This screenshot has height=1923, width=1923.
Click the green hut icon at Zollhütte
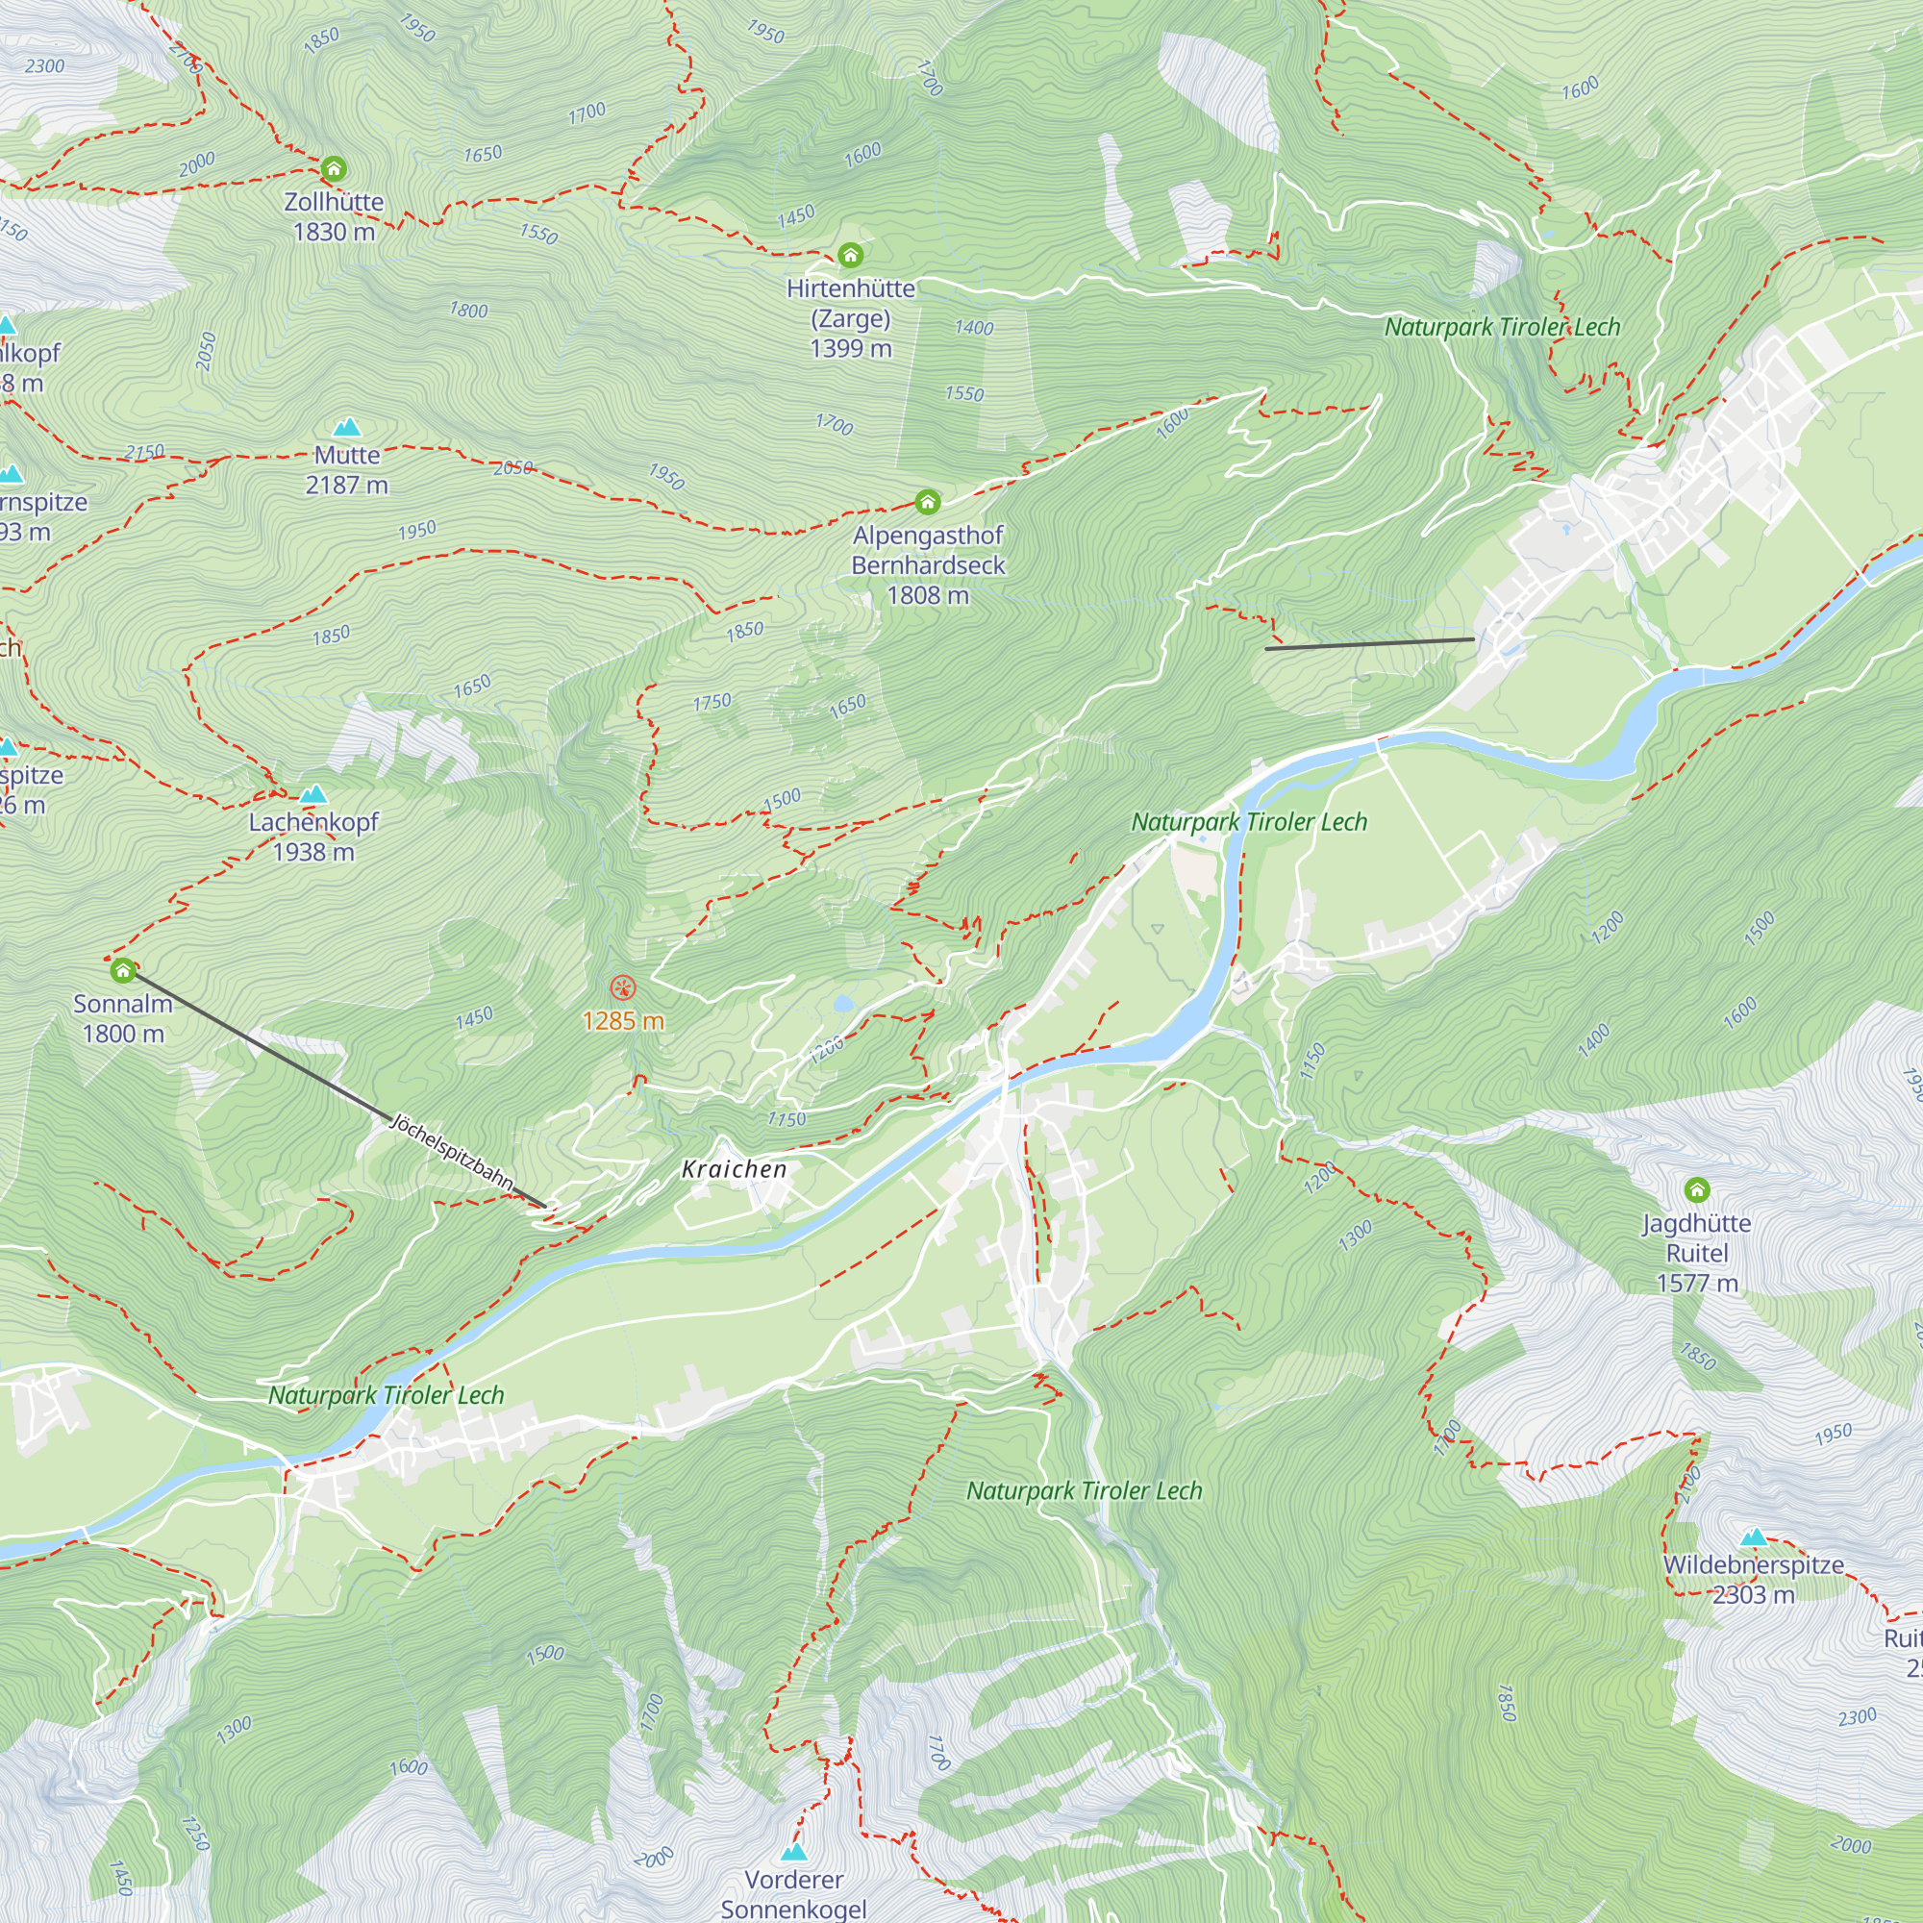(x=334, y=168)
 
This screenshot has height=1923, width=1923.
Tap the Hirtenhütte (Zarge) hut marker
(x=850, y=256)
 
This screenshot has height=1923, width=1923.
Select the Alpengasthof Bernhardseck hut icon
(x=928, y=502)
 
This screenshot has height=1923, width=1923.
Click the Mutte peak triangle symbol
(x=346, y=427)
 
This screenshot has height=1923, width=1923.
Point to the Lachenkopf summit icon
(x=313, y=793)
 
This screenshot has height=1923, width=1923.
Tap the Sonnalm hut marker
(x=122, y=969)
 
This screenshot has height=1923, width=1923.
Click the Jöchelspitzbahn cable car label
(x=453, y=1153)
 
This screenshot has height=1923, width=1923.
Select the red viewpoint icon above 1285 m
(x=623, y=988)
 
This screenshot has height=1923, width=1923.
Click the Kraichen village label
(x=735, y=1169)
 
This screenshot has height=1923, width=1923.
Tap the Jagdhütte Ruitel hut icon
(x=1697, y=1189)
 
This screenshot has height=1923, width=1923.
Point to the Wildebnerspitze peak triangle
(x=1754, y=1536)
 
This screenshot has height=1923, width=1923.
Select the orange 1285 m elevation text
(x=623, y=1021)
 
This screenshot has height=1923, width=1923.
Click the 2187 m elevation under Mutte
(x=346, y=486)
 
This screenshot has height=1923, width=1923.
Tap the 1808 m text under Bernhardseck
(x=928, y=595)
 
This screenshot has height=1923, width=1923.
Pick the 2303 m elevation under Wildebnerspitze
(x=1754, y=1594)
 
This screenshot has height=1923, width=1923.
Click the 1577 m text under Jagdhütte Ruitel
(x=1697, y=1283)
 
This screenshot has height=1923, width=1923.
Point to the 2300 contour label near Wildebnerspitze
(x=1858, y=1717)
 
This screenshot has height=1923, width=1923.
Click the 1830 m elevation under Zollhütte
(x=334, y=232)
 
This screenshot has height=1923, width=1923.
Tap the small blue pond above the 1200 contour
(x=843, y=1003)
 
